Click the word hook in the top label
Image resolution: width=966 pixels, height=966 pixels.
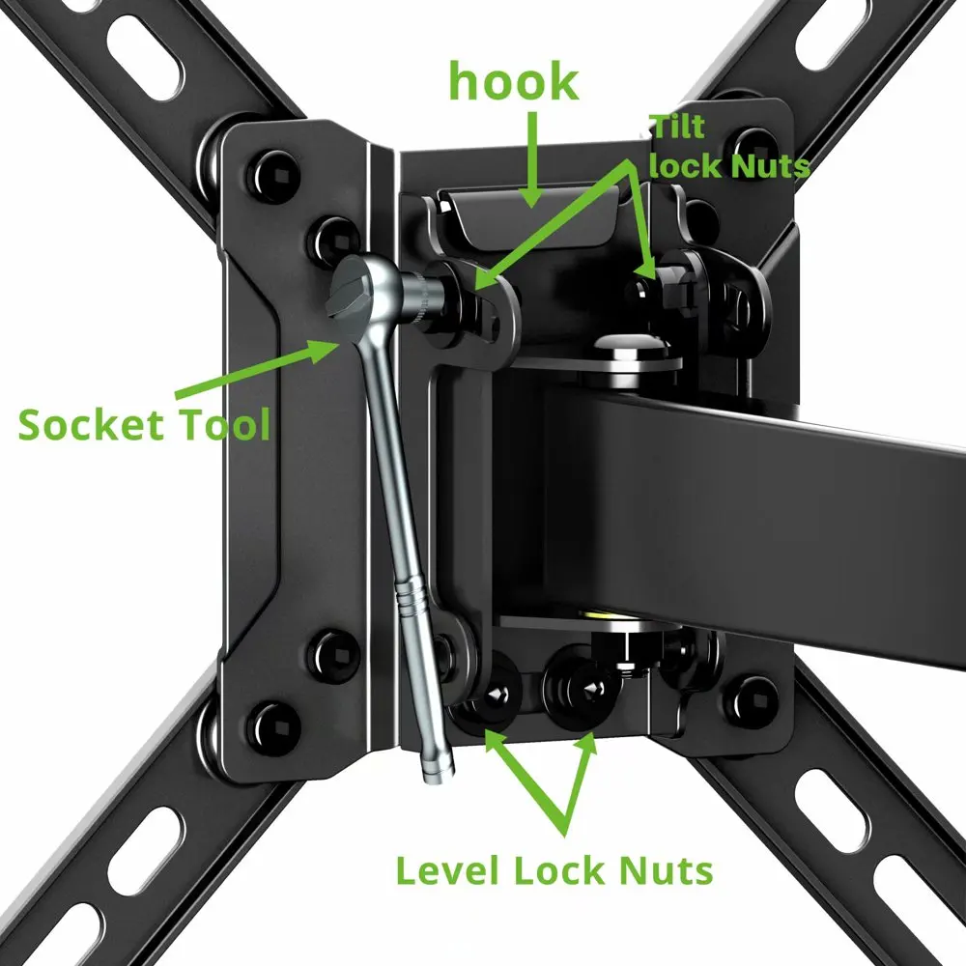[512, 84]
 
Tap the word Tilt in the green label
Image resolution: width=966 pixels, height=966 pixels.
[677, 127]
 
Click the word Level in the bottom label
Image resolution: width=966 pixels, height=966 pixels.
[451, 872]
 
